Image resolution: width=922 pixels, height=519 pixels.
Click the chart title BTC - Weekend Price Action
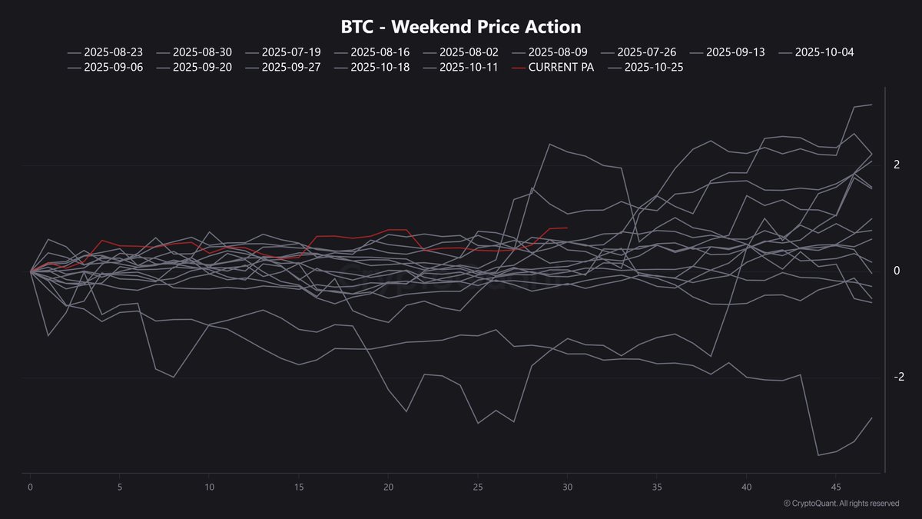click(x=461, y=27)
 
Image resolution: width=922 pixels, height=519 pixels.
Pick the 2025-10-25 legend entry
click(x=653, y=68)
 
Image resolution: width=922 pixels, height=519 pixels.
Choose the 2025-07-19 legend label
click(x=290, y=52)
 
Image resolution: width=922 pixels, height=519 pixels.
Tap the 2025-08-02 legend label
click(x=469, y=52)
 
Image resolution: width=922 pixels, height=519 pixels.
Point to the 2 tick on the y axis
click(x=896, y=165)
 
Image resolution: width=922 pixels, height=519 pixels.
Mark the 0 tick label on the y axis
click(x=896, y=271)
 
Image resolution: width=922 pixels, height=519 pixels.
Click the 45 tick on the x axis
click(x=835, y=487)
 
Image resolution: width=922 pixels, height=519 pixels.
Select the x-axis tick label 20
click(x=388, y=487)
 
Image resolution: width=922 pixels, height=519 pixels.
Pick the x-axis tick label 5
click(x=120, y=487)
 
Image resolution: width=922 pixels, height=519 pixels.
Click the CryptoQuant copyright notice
click(x=841, y=504)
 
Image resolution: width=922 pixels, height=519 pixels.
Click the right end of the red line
click(x=567, y=228)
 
